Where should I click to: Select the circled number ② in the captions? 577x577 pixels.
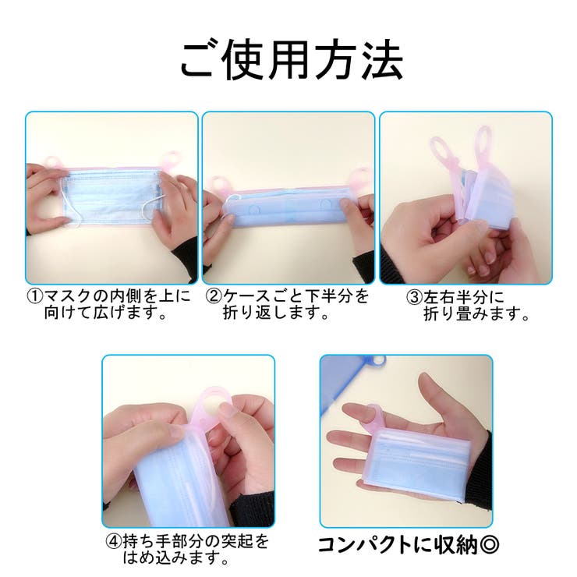[x=213, y=297]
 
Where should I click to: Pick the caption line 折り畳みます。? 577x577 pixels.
[x=476, y=315]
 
